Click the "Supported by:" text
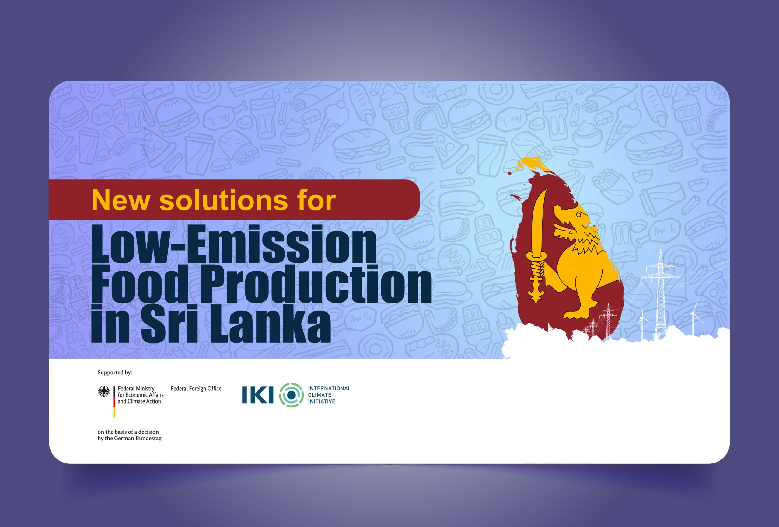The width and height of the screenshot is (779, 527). [x=115, y=373]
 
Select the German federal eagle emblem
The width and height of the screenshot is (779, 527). [x=104, y=392]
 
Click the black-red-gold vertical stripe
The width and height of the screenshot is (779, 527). [x=114, y=402]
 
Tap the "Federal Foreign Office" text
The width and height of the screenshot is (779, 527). [x=196, y=389]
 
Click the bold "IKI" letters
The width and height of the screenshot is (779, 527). [x=258, y=395]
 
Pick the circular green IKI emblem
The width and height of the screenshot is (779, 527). [x=292, y=395]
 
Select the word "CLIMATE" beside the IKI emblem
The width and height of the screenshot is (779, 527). [x=320, y=395]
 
